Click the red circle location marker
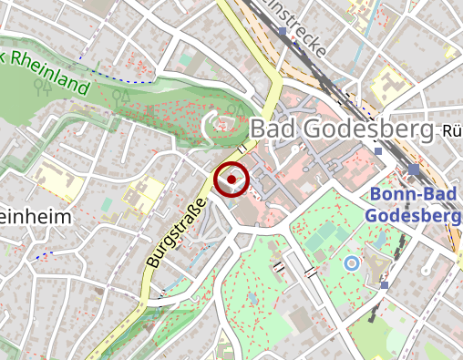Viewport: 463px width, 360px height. pos(231,180)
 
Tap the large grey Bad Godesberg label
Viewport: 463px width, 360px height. pos(341,130)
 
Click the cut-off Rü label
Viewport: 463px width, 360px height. pos(451,131)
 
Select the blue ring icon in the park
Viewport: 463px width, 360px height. pos(351,263)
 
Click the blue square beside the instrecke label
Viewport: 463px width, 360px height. pos(283,32)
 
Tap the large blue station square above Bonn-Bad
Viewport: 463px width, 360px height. pos(414,170)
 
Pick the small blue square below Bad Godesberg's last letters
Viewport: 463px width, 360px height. pos(378,151)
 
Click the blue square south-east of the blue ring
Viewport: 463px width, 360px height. pos(385,285)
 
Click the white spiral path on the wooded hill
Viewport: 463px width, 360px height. pos(219,123)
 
